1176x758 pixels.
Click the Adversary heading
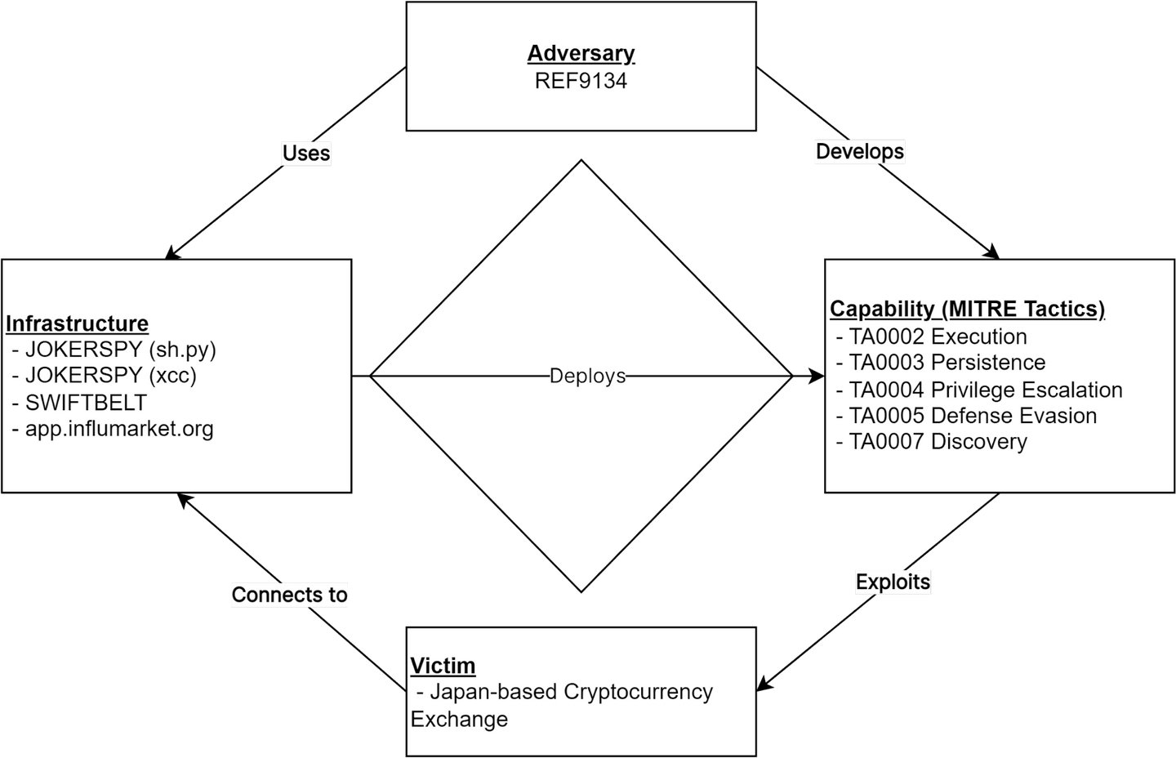click(x=581, y=53)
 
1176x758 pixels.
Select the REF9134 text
click(x=581, y=80)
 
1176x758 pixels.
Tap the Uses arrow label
click(x=306, y=153)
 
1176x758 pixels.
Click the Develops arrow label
click(x=860, y=151)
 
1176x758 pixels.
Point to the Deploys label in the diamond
click(x=587, y=376)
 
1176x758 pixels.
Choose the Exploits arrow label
click(x=893, y=582)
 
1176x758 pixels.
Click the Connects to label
click(x=289, y=595)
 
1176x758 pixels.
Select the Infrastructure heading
click(x=78, y=323)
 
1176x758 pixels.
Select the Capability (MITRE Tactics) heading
click(x=967, y=309)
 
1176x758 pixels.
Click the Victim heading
click(x=443, y=666)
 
